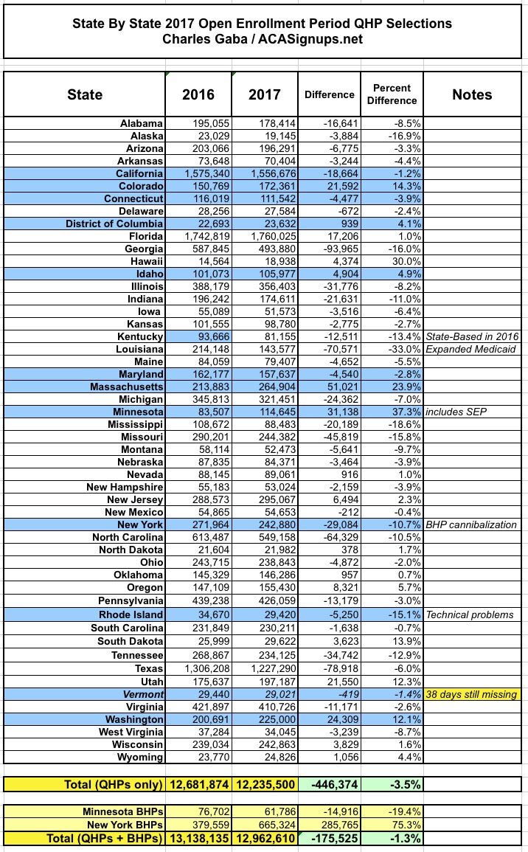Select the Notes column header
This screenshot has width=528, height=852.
472,94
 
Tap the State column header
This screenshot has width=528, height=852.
85,94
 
